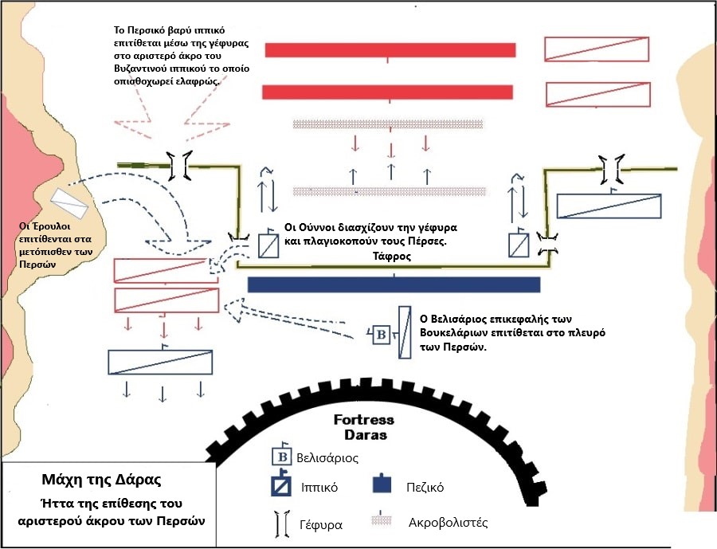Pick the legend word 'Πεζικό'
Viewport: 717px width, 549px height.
[425, 486]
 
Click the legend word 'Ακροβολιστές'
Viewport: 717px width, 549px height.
[447, 524]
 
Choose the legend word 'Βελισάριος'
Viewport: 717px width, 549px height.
[327, 458]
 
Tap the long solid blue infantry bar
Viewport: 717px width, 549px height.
[394, 284]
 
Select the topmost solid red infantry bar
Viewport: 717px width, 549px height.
[390, 49]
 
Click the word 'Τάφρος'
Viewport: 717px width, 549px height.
[390, 257]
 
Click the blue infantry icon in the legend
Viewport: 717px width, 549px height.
[383, 484]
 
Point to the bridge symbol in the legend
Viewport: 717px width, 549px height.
[280, 525]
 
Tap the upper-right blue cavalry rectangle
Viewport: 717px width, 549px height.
[609, 206]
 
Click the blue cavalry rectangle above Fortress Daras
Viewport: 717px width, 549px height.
[160, 362]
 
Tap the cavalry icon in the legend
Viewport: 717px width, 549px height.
[281, 485]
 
